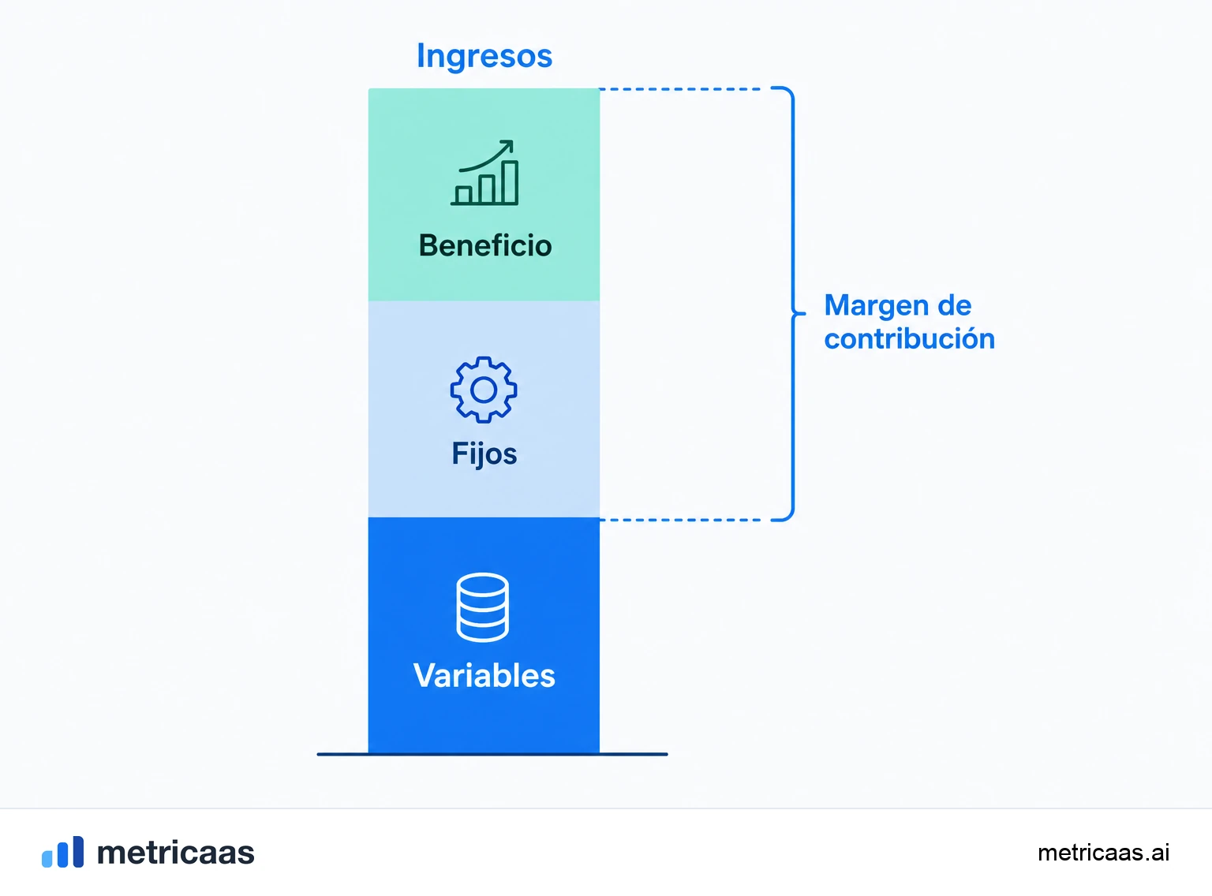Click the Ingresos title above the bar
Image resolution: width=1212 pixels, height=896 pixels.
484,56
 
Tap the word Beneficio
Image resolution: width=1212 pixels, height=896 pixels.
484,245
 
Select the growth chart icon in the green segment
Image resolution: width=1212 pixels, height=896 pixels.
484,173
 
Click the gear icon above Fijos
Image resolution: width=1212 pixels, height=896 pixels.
484,390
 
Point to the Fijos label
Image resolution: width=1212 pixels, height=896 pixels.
484,454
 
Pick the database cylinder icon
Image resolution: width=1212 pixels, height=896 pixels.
482,607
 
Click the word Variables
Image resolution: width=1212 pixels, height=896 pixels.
484,676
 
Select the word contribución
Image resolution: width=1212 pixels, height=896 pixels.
909,338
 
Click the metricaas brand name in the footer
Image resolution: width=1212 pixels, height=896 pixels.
175,853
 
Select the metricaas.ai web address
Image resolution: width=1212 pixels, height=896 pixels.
1103,853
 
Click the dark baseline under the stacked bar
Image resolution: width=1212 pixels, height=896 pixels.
492,754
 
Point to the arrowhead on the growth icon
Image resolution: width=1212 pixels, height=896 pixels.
507,145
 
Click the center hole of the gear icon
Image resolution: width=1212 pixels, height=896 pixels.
484,390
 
